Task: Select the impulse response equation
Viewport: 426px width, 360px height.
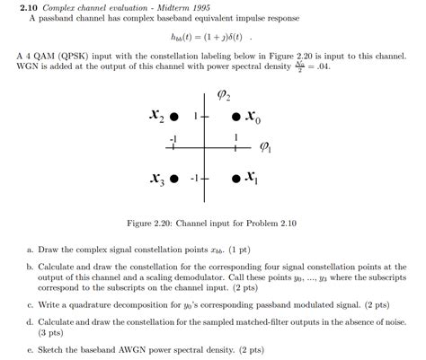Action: point(214,39)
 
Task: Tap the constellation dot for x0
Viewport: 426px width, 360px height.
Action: point(235,117)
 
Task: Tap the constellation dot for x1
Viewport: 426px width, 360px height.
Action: point(235,178)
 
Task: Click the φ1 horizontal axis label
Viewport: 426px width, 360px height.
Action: point(266,146)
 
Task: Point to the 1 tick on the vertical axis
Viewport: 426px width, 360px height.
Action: point(195,116)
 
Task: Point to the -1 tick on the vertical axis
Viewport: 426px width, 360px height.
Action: point(192,178)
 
